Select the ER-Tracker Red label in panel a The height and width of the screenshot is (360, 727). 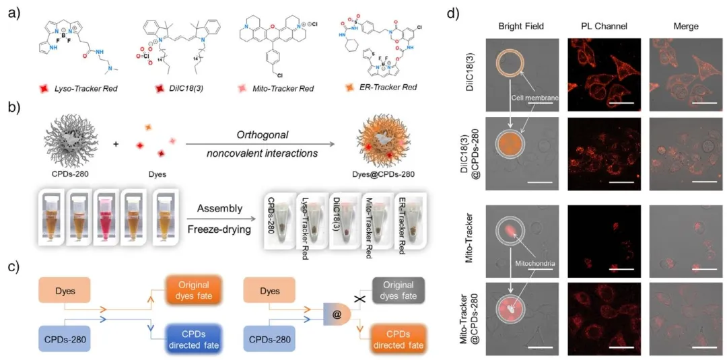tap(389, 87)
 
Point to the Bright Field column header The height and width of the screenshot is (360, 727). tap(521, 26)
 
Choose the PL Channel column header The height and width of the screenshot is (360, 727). tap(604, 26)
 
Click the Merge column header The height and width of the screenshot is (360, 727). tap(685, 26)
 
